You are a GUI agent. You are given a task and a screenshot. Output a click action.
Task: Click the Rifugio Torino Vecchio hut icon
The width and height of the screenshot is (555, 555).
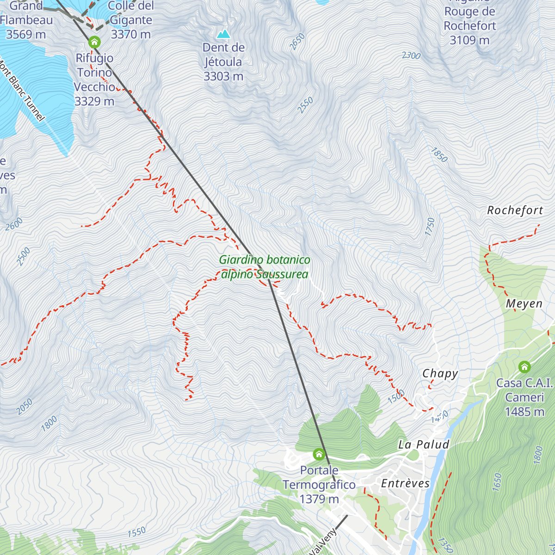[94, 43]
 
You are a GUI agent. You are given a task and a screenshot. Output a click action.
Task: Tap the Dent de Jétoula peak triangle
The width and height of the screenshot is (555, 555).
[223, 34]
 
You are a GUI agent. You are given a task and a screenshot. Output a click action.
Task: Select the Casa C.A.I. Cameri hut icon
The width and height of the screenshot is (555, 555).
[524, 367]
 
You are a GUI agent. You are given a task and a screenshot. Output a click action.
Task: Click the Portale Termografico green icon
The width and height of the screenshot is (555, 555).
[319, 454]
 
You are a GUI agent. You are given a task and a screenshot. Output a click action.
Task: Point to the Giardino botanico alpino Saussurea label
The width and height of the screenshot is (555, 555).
[264, 267]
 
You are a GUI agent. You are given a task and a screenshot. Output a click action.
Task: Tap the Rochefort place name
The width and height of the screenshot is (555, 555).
[515, 210]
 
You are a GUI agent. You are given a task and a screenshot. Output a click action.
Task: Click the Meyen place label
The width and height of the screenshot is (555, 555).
[524, 304]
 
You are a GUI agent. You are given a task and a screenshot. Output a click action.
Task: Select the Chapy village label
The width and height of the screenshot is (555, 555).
[440, 374]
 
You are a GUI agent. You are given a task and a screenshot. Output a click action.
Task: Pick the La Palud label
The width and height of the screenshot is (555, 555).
[424, 445]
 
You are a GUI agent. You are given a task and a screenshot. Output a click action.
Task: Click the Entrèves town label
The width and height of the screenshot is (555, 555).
[405, 483]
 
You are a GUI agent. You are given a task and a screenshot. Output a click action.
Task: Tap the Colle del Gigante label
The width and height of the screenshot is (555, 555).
[130, 20]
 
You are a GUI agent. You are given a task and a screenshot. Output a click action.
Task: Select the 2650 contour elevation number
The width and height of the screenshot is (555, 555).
[297, 42]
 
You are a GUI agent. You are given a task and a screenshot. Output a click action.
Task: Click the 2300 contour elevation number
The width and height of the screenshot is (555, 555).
[411, 56]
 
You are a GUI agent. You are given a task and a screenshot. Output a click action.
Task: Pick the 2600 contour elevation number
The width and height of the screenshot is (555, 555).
[14, 224]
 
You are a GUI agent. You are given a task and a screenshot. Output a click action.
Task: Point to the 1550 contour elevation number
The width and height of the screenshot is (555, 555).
[136, 532]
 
